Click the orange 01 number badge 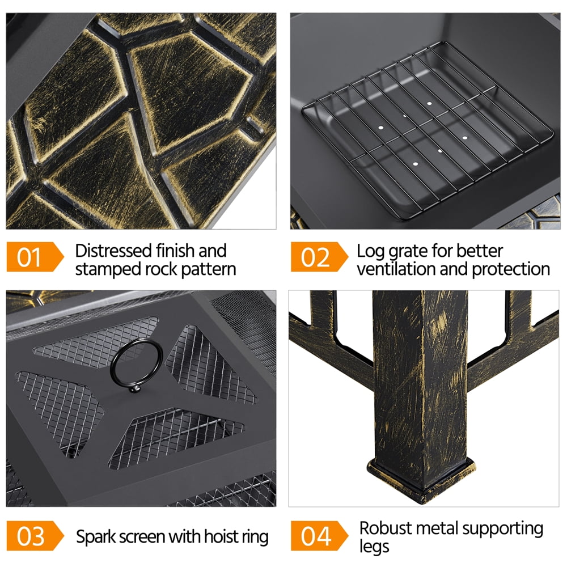35,257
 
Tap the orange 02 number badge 319,257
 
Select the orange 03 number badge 35,536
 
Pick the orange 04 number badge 319,536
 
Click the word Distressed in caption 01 113,251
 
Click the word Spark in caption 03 96,537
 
